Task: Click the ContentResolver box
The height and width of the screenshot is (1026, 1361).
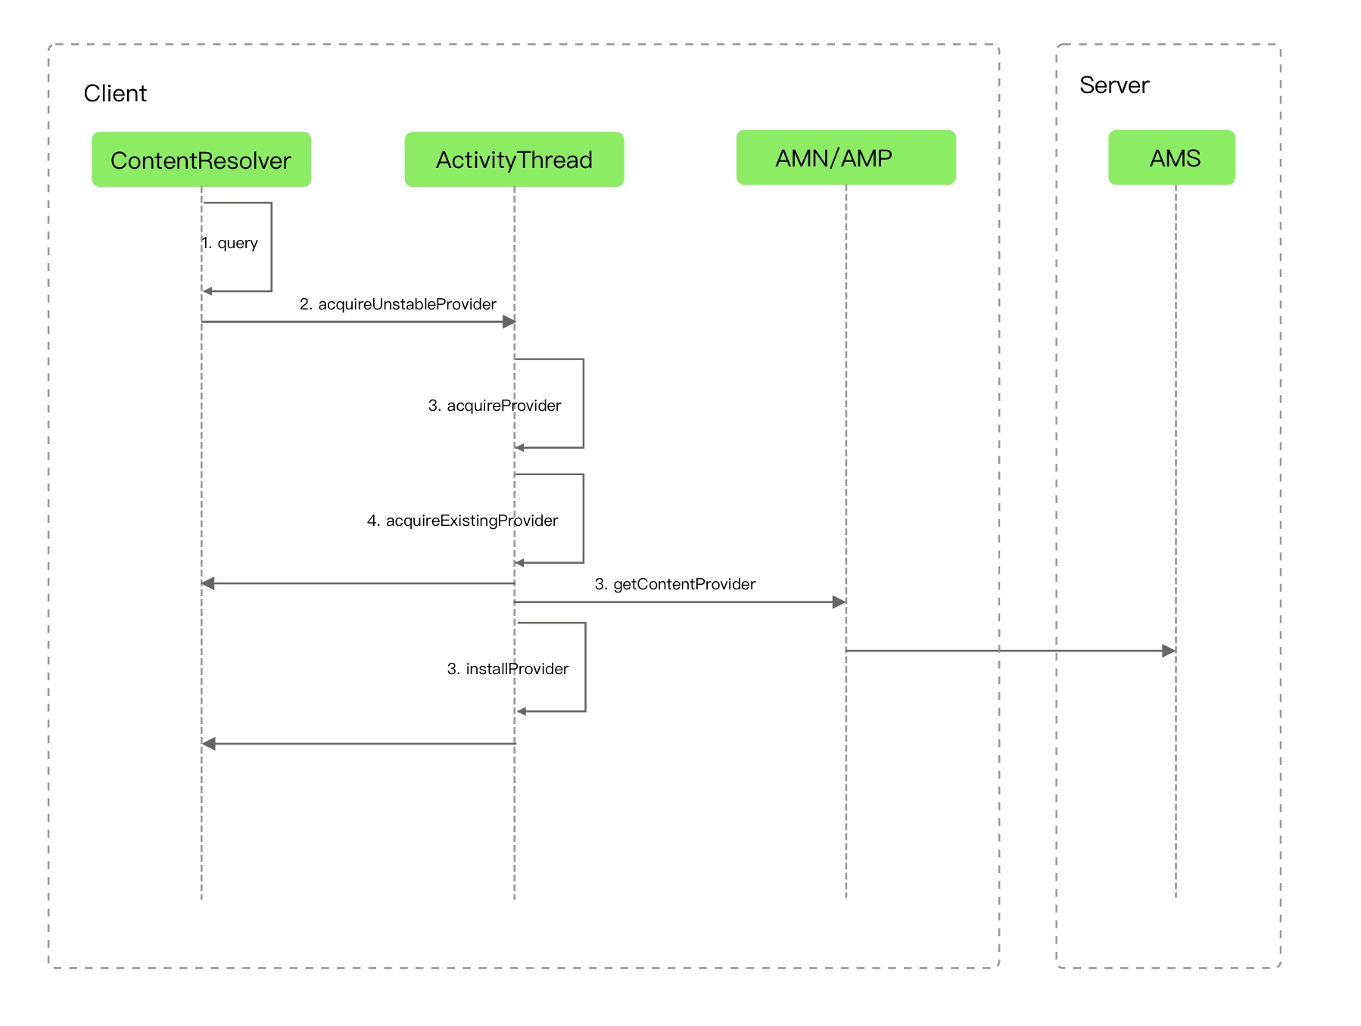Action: pyautogui.click(x=201, y=159)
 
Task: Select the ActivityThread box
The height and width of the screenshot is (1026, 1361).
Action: pyautogui.click(x=514, y=159)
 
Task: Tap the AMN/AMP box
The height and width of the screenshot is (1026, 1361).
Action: pyautogui.click(x=846, y=157)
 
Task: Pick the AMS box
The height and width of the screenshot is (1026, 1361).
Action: pyautogui.click(x=1172, y=157)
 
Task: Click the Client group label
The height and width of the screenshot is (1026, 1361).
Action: pyautogui.click(x=115, y=93)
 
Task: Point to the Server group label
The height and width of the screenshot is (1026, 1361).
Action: pyautogui.click(x=1114, y=85)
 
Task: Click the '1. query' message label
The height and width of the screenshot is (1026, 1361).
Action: pyautogui.click(x=230, y=243)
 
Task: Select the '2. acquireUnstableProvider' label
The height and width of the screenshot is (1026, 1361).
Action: pyautogui.click(x=398, y=304)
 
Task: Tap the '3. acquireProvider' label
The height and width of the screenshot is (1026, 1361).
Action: pyautogui.click(x=495, y=406)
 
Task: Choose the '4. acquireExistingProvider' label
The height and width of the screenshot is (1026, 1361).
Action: pyautogui.click(x=462, y=521)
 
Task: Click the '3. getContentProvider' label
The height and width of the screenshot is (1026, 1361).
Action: pyautogui.click(x=675, y=584)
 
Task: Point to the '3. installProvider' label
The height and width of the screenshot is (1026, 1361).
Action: pyautogui.click(x=508, y=669)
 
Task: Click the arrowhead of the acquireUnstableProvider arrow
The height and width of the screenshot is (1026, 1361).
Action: pyautogui.click(x=509, y=322)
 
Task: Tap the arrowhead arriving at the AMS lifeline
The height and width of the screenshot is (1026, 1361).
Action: pyautogui.click(x=1169, y=651)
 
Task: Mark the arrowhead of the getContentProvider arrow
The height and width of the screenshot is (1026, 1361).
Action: pyautogui.click(x=839, y=602)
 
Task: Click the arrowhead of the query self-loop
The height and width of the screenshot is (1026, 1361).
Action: pyautogui.click(x=207, y=291)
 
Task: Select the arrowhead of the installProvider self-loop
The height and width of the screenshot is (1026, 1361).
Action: pyautogui.click(x=522, y=711)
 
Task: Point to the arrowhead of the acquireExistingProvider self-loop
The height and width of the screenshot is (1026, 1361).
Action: pyautogui.click(x=519, y=563)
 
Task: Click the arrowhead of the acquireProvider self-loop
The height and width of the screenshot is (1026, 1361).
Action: pyautogui.click(x=519, y=448)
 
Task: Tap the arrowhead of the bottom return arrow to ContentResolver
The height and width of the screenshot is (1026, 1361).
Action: pyautogui.click(x=209, y=744)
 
